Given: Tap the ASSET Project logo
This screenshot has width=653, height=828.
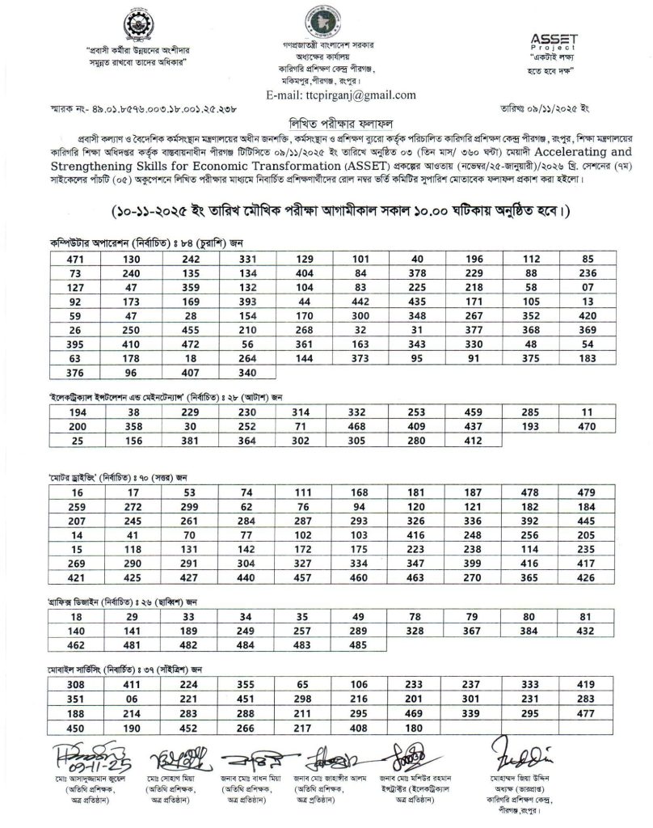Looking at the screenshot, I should [x=554, y=40].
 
